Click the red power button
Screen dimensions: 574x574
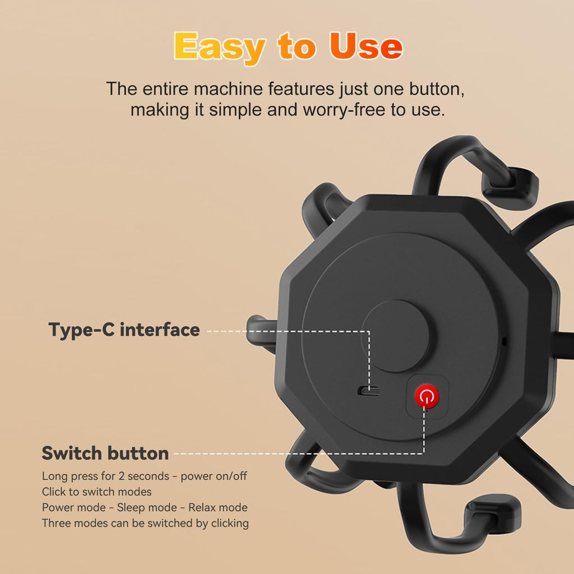427,396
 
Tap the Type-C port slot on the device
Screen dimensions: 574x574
368,391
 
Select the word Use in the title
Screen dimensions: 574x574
365,46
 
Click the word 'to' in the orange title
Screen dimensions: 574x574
297,46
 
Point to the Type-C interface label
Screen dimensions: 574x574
124,330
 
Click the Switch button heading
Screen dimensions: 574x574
105,453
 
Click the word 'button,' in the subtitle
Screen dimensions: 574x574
437,89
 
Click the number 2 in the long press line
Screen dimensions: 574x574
121,476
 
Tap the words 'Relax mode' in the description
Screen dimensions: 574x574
218,507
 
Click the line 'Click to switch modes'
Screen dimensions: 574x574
96,492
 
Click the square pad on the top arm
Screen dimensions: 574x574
511,187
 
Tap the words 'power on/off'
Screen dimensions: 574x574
214,476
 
